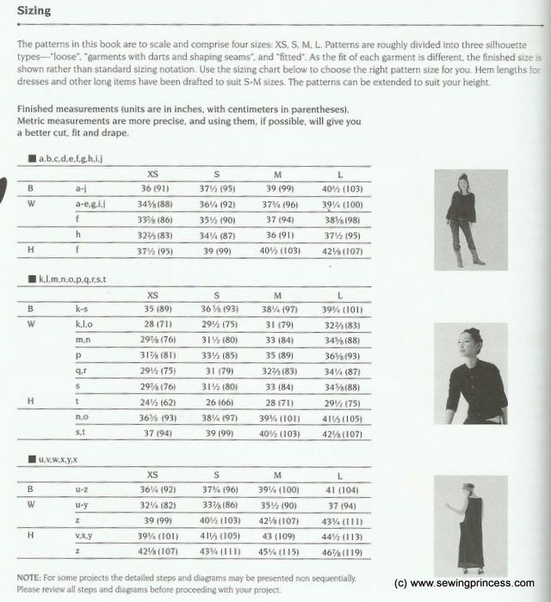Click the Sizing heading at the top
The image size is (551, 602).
(34, 11)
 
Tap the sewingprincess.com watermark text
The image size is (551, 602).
(463, 582)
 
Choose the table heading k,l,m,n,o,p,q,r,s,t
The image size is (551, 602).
(73, 280)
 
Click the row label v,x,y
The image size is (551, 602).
(85, 536)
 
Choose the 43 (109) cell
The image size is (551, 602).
(277, 536)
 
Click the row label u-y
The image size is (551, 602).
(84, 505)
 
